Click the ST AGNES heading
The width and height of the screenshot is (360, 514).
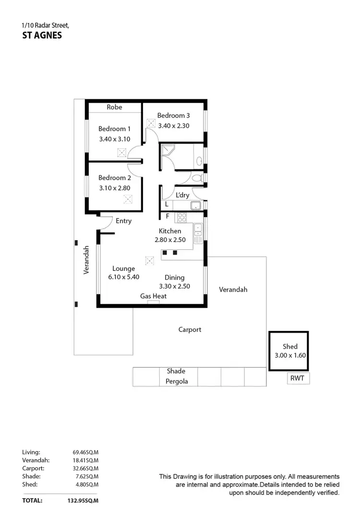point(42,35)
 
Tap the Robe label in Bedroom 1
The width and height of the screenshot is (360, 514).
point(114,107)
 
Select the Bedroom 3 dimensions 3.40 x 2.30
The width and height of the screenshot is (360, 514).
point(174,126)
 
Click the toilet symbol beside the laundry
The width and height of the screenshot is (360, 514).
point(196,178)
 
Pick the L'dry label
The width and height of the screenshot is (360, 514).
point(182,195)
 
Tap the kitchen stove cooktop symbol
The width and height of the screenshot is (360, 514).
point(182,217)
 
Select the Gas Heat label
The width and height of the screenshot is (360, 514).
point(153,296)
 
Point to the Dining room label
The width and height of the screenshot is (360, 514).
point(174,277)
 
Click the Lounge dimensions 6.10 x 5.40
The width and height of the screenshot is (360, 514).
point(124,277)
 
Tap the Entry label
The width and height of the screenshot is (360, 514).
point(123,221)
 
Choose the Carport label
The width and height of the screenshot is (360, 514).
point(190,330)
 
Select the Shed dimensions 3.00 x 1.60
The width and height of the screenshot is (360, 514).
point(289,356)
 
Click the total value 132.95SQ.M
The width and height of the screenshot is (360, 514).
point(82,500)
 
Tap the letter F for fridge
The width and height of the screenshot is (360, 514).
point(167,216)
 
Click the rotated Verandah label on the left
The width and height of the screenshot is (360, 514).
point(87,260)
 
